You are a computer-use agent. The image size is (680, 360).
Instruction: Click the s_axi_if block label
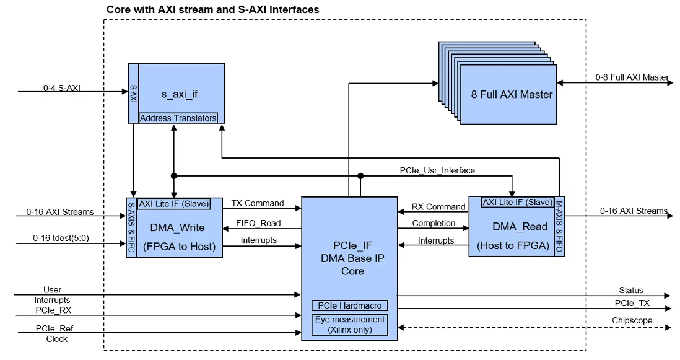click(180, 94)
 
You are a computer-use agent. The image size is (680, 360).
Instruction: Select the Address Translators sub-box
click(178, 118)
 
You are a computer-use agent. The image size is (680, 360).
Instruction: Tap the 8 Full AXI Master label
click(511, 94)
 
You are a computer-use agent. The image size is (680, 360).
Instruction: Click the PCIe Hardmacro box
click(350, 305)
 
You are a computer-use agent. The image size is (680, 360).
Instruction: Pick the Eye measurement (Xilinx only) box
click(350, 325)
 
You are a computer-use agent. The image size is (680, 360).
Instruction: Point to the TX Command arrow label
click(258, 203)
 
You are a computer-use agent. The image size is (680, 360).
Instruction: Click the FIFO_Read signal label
click(259, 223)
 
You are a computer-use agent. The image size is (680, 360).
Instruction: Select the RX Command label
click(438, 207)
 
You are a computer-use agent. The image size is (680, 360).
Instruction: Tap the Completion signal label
click(434, 223)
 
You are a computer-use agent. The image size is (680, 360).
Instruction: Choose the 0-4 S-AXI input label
click(62, 88)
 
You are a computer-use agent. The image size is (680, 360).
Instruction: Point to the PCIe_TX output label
click(632, 303)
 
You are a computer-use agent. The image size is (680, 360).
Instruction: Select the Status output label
click(631, 290)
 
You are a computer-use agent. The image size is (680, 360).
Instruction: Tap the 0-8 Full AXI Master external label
click(632, 77)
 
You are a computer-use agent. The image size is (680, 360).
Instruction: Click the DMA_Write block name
click(177, 227)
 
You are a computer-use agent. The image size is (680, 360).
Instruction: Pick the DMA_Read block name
click(512, 227)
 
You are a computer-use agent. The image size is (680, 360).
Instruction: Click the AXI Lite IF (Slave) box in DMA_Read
click(517, 202)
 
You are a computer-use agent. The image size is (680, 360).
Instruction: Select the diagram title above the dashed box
click(213, 9)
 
